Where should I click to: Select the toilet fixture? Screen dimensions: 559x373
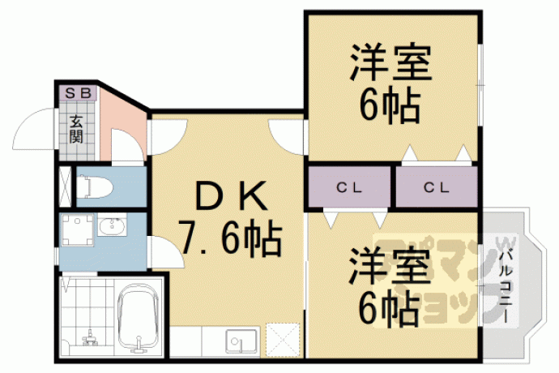[x=94, y=186]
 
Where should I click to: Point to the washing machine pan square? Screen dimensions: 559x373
[x=78, y=229]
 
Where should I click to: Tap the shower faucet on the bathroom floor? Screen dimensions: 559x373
[x=90, y=337]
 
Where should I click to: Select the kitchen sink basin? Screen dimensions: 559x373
[x=241, y=341]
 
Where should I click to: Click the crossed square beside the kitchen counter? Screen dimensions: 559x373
[x=283, y=340]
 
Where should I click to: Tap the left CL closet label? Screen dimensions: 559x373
[x=349, y=187]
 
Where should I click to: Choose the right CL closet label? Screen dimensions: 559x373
[x=437, y=187]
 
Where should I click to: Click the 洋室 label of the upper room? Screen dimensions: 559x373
[x=390, y=62]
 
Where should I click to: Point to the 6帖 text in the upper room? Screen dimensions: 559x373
[x=390, y=105]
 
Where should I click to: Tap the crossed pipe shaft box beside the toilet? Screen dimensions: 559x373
[x=65, y=186]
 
